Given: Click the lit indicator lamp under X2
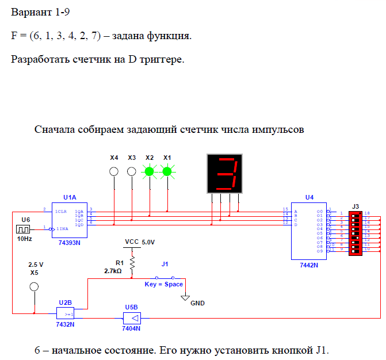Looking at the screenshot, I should [x=150, y=171].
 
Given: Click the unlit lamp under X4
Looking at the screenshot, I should [x=114, y=171].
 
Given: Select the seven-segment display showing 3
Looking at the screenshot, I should [x=225, y=174].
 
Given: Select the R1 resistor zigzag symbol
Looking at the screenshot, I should [x=132, y=263].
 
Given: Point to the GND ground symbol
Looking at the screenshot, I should [x=185, y=297].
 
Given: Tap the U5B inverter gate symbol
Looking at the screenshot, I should [x=132, y=317].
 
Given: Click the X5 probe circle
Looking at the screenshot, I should [x=34, y=286].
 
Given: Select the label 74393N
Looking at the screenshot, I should [x=70, y=243].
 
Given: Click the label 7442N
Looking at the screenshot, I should [x=309, y=266].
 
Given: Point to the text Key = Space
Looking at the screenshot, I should [x=164, y=284].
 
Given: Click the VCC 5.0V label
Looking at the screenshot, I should [x=140, y=242].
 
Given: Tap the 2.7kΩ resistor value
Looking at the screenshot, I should [x=113, y=270].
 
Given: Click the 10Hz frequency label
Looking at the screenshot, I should [x=25, y=238].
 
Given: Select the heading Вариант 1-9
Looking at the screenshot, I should [x=36, y=12].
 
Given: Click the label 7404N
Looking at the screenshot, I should [x=132, y=328].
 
